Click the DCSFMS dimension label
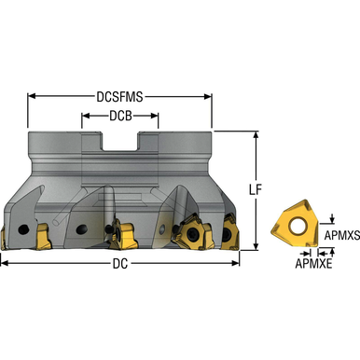119,95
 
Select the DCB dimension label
119,117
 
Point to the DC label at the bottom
119,263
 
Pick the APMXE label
315,264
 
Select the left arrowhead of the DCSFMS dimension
31,95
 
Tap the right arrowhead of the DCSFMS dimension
210,95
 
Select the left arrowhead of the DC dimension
4,263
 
